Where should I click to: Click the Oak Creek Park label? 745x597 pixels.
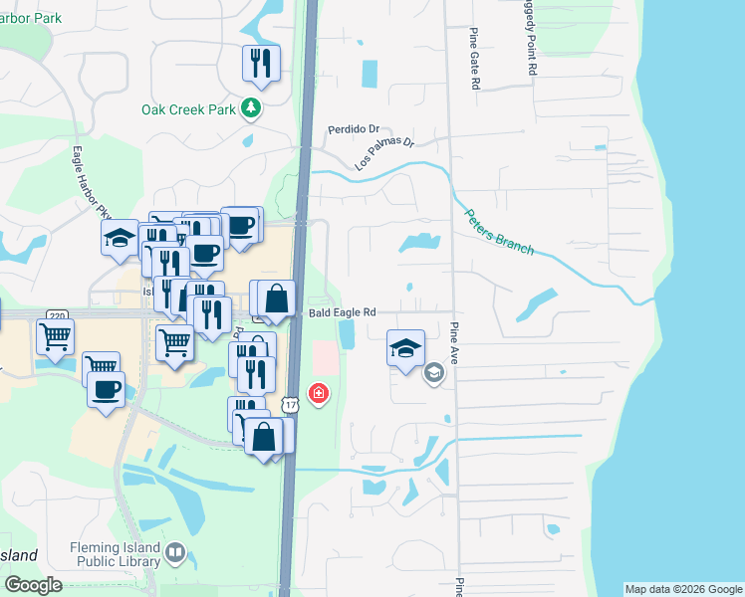tap(188, 109)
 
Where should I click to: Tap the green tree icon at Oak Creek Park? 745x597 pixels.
tap(252, 108)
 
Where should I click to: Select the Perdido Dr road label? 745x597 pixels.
tap(355, 129)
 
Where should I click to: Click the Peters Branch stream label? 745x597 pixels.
tap(498, 231)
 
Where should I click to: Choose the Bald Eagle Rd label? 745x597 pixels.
tap(342, 311)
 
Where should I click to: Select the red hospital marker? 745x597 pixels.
tap(318, 395)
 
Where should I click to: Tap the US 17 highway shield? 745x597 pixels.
tap(290, 405)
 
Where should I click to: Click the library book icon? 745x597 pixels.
tap(175, 551)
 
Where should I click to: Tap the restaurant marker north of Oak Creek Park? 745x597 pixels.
tap(261, 63)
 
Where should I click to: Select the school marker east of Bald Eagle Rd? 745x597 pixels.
tap(405, 348)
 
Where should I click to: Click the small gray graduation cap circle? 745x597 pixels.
tap(433, 374)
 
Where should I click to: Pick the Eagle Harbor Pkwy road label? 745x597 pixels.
tap(91, 183)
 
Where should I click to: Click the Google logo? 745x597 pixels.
tap(33, 585)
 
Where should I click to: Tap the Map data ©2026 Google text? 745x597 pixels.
tap(683, 589)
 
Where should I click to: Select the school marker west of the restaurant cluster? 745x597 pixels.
tap(120, 239)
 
